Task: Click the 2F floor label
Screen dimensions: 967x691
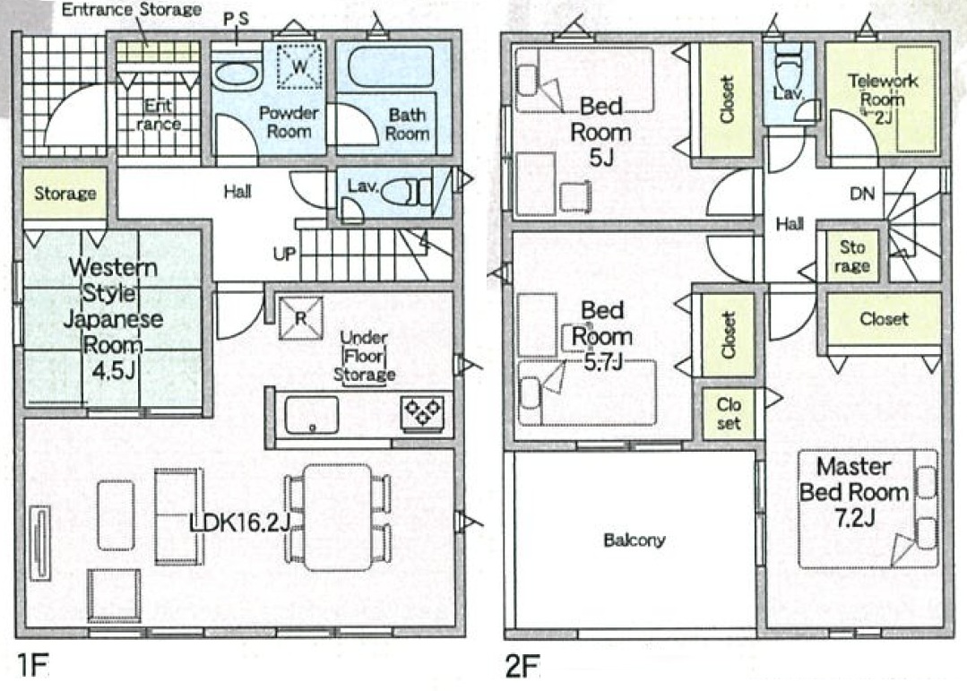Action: click(522, 666)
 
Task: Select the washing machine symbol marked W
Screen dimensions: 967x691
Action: click(299, 66)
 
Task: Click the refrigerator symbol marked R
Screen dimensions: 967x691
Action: click(300, 318)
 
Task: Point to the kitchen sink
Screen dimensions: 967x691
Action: click(312, 415)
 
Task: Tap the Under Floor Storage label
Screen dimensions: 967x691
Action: click(365, 356)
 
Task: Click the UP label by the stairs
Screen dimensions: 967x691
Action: click(284, 254)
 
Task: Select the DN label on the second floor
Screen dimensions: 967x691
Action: click(862, 194)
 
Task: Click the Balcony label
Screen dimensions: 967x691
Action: click(634, 540)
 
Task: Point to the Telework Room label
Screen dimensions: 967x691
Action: click(883, 99)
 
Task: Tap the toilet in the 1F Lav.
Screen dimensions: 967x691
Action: click(404, 193)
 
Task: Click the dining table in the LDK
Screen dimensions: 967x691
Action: click(338, 517)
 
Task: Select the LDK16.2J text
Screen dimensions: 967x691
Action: click(240, 523)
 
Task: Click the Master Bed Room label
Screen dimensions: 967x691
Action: click(854, 492)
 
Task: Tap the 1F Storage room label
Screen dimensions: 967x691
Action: click(65, 194)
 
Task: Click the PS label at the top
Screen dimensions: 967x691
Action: click(236, 20)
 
